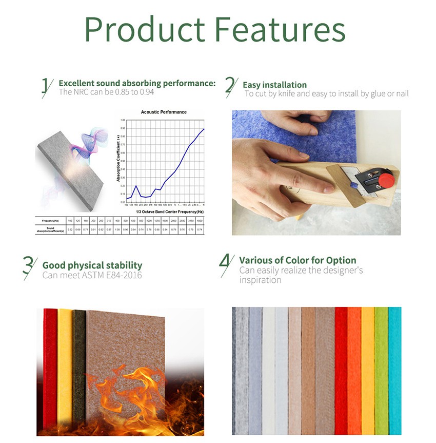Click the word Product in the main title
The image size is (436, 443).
click(x=145, y=30)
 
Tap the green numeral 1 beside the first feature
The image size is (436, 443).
click(x=47, y=87)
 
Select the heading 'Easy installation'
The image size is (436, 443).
click(x=274, y=85)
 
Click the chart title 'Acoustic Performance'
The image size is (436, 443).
click(x=164, y=112)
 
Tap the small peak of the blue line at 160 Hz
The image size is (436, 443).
click(x=136, y=186)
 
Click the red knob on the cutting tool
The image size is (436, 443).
click(x=388, y=180)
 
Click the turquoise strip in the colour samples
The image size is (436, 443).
click(x=394, y=370)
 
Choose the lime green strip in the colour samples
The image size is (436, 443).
click(x=381, y=370)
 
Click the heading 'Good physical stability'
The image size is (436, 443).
click(x=92, y=265)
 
